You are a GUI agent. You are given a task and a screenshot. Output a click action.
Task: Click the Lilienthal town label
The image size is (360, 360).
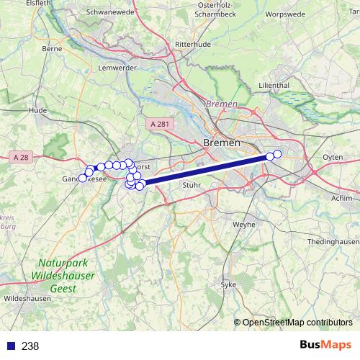[x=273, y=85]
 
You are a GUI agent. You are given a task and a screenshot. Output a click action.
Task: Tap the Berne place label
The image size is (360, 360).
[x=52, y=49]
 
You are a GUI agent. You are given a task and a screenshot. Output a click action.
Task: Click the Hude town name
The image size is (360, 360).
[x=37, y=110]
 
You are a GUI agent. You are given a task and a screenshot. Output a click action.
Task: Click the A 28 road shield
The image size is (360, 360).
[x=22, y=156]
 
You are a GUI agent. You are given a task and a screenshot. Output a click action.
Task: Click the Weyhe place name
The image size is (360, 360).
[x=240, y=225]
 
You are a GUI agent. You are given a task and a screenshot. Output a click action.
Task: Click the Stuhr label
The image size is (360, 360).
[x=192, y=185]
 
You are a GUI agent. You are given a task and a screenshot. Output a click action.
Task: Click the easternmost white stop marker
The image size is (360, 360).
[x=277, y=154]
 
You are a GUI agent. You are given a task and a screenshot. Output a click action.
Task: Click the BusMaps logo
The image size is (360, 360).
[x=325, y=346]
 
